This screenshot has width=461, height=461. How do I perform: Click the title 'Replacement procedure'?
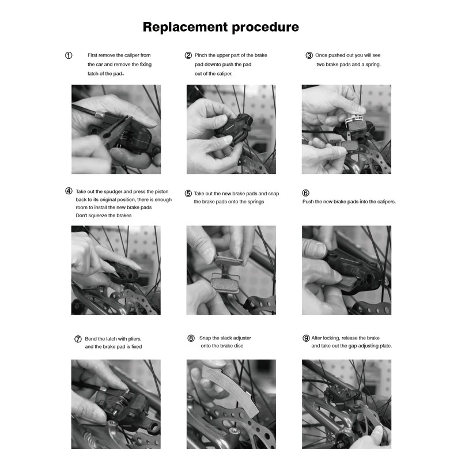(x=221, y=27)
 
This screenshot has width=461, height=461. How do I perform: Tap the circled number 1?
(x=69, y=55)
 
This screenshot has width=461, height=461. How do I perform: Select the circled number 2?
(x=188, y=55)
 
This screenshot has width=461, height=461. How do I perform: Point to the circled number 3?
(x=309, y=55)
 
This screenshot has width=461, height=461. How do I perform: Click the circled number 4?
(x=69, y=191)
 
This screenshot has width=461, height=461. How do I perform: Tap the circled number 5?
(x=188, y=194)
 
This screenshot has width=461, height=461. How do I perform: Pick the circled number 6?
(x=305, y=193)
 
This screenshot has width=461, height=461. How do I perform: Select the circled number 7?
(x=78, y=339)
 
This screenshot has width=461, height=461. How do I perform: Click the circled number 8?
(x=191, y=338)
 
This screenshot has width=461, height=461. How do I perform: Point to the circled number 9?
(x=306, y=338)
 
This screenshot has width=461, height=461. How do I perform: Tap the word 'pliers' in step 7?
(x=134, y=339)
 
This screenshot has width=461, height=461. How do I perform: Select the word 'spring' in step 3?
(x=373, y=65)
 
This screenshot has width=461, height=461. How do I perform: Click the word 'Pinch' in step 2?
(x=201, y=55)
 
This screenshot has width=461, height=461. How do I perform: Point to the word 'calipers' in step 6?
(x=386, y=202)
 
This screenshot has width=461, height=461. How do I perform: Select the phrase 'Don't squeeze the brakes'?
(x=104, y=216)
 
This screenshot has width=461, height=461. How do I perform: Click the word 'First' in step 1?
(x=92, y=55)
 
